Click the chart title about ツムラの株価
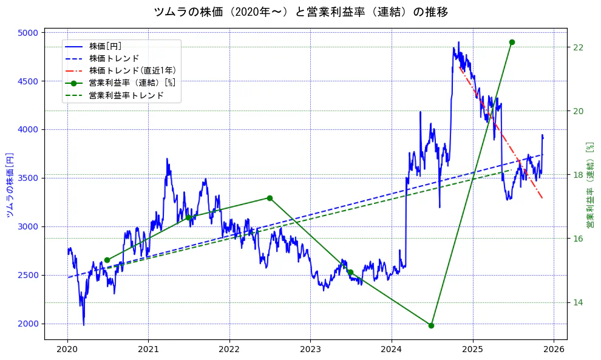pyautogui.click(x=300, y=12)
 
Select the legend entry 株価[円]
pyautogui.click(x=105, y=46)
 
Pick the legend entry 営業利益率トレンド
pyautogui.click(x=126, y=95)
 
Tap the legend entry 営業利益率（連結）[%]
pyautogui.click(x=132, y=83)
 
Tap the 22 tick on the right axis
pyautogui.click(x=578, y=47)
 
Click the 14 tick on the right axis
pyautogui.click(x=578, y=302)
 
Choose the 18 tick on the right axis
pyautogui.click(x=578, y=175)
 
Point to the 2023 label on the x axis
pyautogui.click(x=310, y=350)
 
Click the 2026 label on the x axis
pyautogui.click(x=554, y=350)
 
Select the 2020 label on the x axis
pyautogui.click(x=67, y=350)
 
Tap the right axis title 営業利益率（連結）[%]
pyautogui.click(x=590, y=185)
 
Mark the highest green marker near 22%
pyautogui.click(x=512, y=42)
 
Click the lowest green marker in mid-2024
pyautogui.click(x=431, y=325)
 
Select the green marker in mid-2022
pyautogui.click(x=270, y=198)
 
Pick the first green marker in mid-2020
pyautogui.click(x=107, y=260)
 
